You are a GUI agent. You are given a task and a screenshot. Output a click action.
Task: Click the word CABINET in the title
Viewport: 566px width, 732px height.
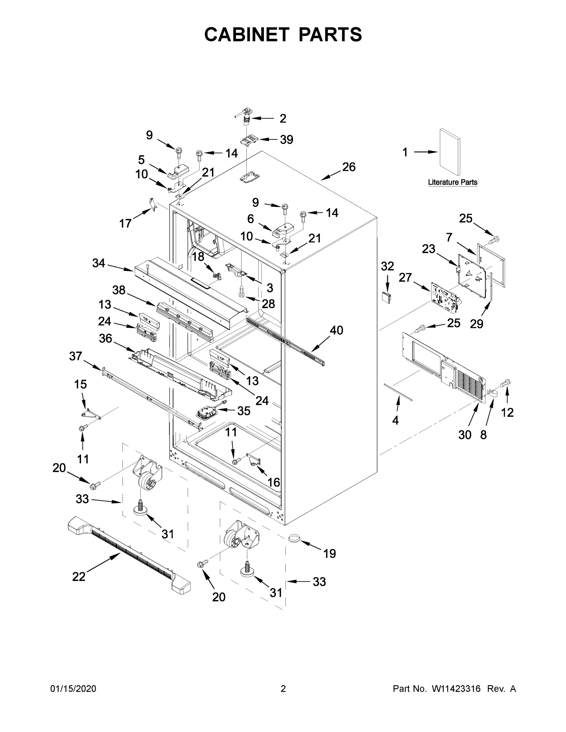pos(247,34)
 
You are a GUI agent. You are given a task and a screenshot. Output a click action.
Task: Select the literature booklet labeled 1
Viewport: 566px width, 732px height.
pos(450,152)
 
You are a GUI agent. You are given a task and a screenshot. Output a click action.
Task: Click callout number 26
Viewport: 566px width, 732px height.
pos(349,167)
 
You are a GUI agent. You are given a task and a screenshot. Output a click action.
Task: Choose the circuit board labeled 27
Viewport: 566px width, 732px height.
pos(444,297)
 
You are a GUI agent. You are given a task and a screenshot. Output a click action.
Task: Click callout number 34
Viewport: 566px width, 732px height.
pos(99,263)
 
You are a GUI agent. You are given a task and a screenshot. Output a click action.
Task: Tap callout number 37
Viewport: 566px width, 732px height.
pos(75,356)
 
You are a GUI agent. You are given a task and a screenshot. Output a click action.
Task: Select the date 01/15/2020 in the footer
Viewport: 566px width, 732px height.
pos(73,688)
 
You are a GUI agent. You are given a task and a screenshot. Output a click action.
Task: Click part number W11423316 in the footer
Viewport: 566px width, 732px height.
pos(456,688)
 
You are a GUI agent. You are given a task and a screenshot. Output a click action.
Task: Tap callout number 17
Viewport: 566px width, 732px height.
pos(125,223)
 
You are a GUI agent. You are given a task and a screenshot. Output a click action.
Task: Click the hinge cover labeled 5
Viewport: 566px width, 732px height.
pos(178,170)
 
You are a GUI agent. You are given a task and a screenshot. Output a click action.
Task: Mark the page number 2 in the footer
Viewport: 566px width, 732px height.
pos(283,688)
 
